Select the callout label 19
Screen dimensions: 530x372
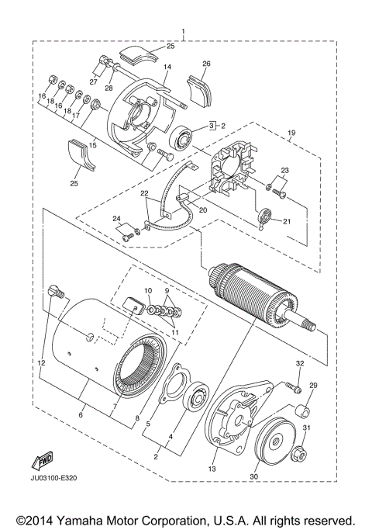[x=291, y=133]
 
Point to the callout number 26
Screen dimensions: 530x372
[x=206, y=64]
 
